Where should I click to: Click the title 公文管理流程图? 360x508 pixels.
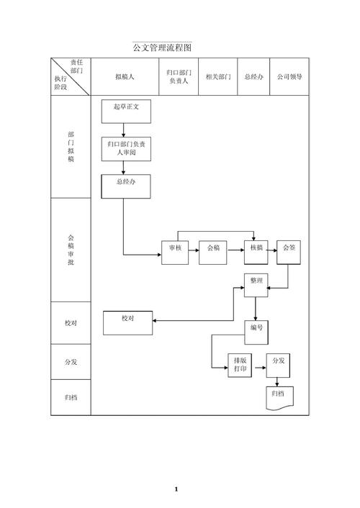point(162,47)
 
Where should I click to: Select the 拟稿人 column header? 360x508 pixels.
point(125,77)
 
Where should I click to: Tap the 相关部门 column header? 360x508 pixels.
point(218,77)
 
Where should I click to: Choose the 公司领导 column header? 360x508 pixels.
point(289,77)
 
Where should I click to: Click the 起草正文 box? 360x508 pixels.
point(126,112)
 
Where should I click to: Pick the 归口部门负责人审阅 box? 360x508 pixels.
point(126,149)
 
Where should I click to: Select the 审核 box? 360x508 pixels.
point(175,253)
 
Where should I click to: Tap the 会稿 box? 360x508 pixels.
point(213,253)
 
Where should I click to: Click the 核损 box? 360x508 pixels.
point(256,253)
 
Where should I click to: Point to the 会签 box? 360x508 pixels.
point(289,253)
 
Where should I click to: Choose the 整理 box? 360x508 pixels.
point(256,285)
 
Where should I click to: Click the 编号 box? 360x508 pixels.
point(256,332)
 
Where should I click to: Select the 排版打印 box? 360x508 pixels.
point(240,366)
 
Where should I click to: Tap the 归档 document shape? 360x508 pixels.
point(280,398)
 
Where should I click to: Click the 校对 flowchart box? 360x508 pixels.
point(127,323)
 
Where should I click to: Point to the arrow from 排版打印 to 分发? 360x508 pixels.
point(261,368)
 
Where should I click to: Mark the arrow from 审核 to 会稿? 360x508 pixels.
point(194,250)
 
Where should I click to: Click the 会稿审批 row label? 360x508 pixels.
point(71,250)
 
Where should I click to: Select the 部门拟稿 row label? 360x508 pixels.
point(71,147)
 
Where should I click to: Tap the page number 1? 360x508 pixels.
point(176,489)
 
